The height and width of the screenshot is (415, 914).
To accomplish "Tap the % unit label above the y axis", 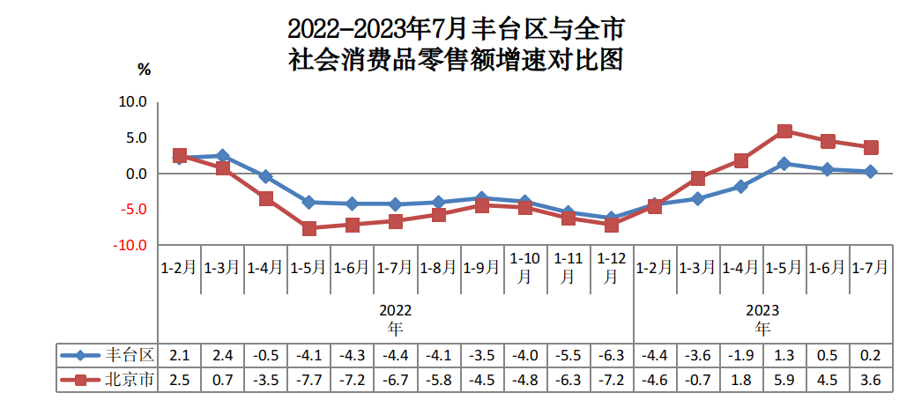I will (145, 69).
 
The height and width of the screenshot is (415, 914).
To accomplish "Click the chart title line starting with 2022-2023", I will (457, 29).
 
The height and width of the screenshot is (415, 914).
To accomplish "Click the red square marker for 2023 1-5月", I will (784, 131).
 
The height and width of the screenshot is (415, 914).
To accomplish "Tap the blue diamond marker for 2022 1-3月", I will (223, 156).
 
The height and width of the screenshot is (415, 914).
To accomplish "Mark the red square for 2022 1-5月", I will (309, 228).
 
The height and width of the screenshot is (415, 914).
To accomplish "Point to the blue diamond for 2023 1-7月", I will (871, 172).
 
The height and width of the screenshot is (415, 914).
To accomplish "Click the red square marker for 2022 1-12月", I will (612, 225).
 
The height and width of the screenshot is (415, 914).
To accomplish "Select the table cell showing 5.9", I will (784, 381).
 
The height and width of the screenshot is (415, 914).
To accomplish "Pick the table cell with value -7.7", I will (309, 381).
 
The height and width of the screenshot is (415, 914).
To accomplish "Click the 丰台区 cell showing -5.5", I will (568, 356).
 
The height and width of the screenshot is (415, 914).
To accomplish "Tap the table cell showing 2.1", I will (180, 356).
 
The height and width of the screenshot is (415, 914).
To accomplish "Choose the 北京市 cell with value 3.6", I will (871, 381).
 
